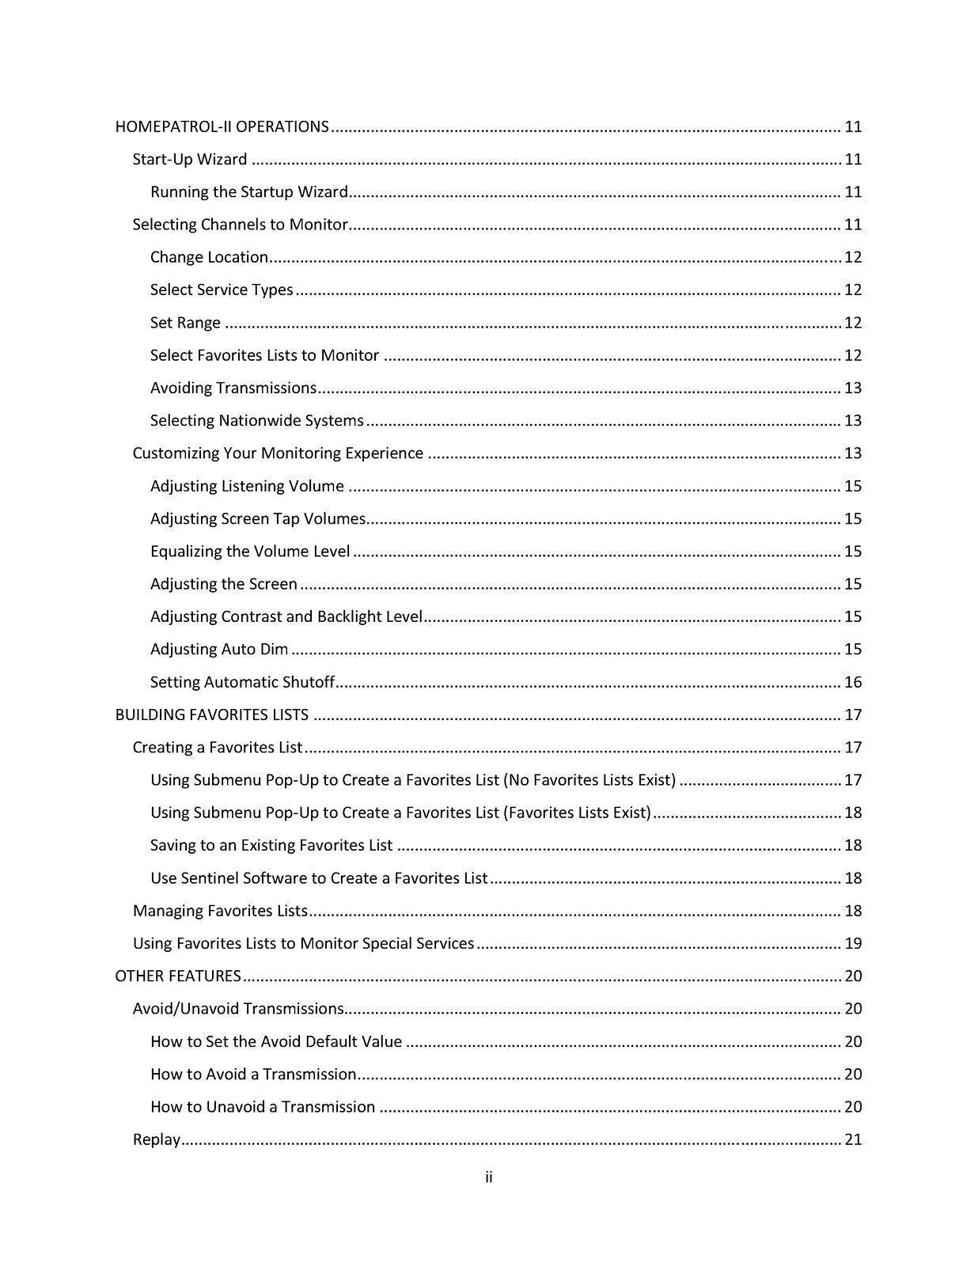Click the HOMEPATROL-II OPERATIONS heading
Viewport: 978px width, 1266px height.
pos(222,127)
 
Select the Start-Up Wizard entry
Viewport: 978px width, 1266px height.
pos(190,159)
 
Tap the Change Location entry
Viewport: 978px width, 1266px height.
pos(210,257)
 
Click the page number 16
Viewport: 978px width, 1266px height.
pos(853,682)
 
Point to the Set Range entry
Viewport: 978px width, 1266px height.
pos(185,323)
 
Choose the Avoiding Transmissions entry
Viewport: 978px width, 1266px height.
pos(233,388)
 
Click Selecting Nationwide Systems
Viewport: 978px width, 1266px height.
pos(257,420)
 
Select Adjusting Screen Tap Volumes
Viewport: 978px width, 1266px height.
pos(258,518)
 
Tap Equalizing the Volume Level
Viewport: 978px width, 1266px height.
pos(250,552)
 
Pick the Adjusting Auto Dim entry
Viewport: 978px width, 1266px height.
pos(219,649)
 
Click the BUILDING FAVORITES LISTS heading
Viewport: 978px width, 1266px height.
pos(212,714)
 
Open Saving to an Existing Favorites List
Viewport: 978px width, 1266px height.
pos(271,845)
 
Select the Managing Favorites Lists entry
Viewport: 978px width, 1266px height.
pos(220,911)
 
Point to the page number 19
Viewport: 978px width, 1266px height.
pos(853,943)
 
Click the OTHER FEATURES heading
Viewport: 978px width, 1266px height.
pos(178,976)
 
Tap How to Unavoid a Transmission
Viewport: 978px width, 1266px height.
pos(263,1107)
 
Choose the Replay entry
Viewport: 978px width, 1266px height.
pos(157,1139)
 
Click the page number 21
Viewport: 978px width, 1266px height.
pos(853,1139)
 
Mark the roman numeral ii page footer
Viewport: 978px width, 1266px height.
pos(489,1177)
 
